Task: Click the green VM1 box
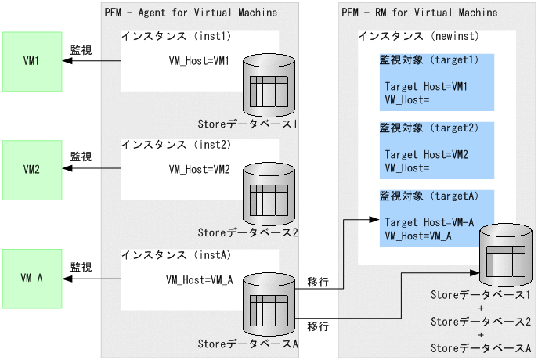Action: coord(32,60)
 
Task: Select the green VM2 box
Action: coord(32,168)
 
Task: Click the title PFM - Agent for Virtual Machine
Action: coord(190,13)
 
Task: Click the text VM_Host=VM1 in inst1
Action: coord(200,60)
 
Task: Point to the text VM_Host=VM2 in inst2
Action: coord(200,168)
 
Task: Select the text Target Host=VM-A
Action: coord(430,223)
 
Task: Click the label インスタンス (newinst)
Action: coord(418,37)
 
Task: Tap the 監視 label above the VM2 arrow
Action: coord(81,157)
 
